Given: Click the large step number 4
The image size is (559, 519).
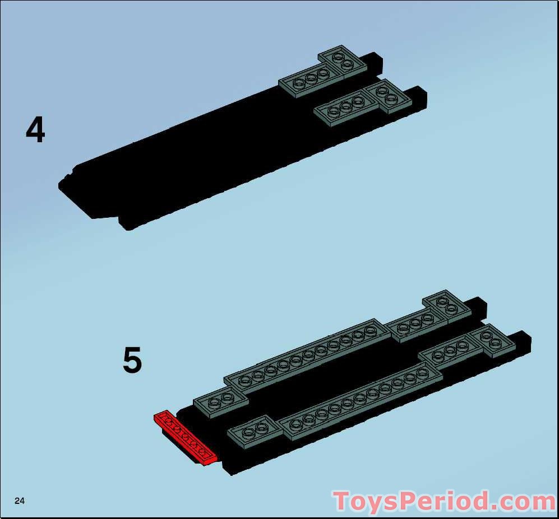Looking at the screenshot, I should coord(35,130).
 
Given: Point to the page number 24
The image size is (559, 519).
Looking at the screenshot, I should coord(20,501).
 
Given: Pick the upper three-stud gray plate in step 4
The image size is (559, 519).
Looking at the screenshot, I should coord(306,82).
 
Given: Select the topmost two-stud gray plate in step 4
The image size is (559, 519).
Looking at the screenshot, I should coord(343,62).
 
